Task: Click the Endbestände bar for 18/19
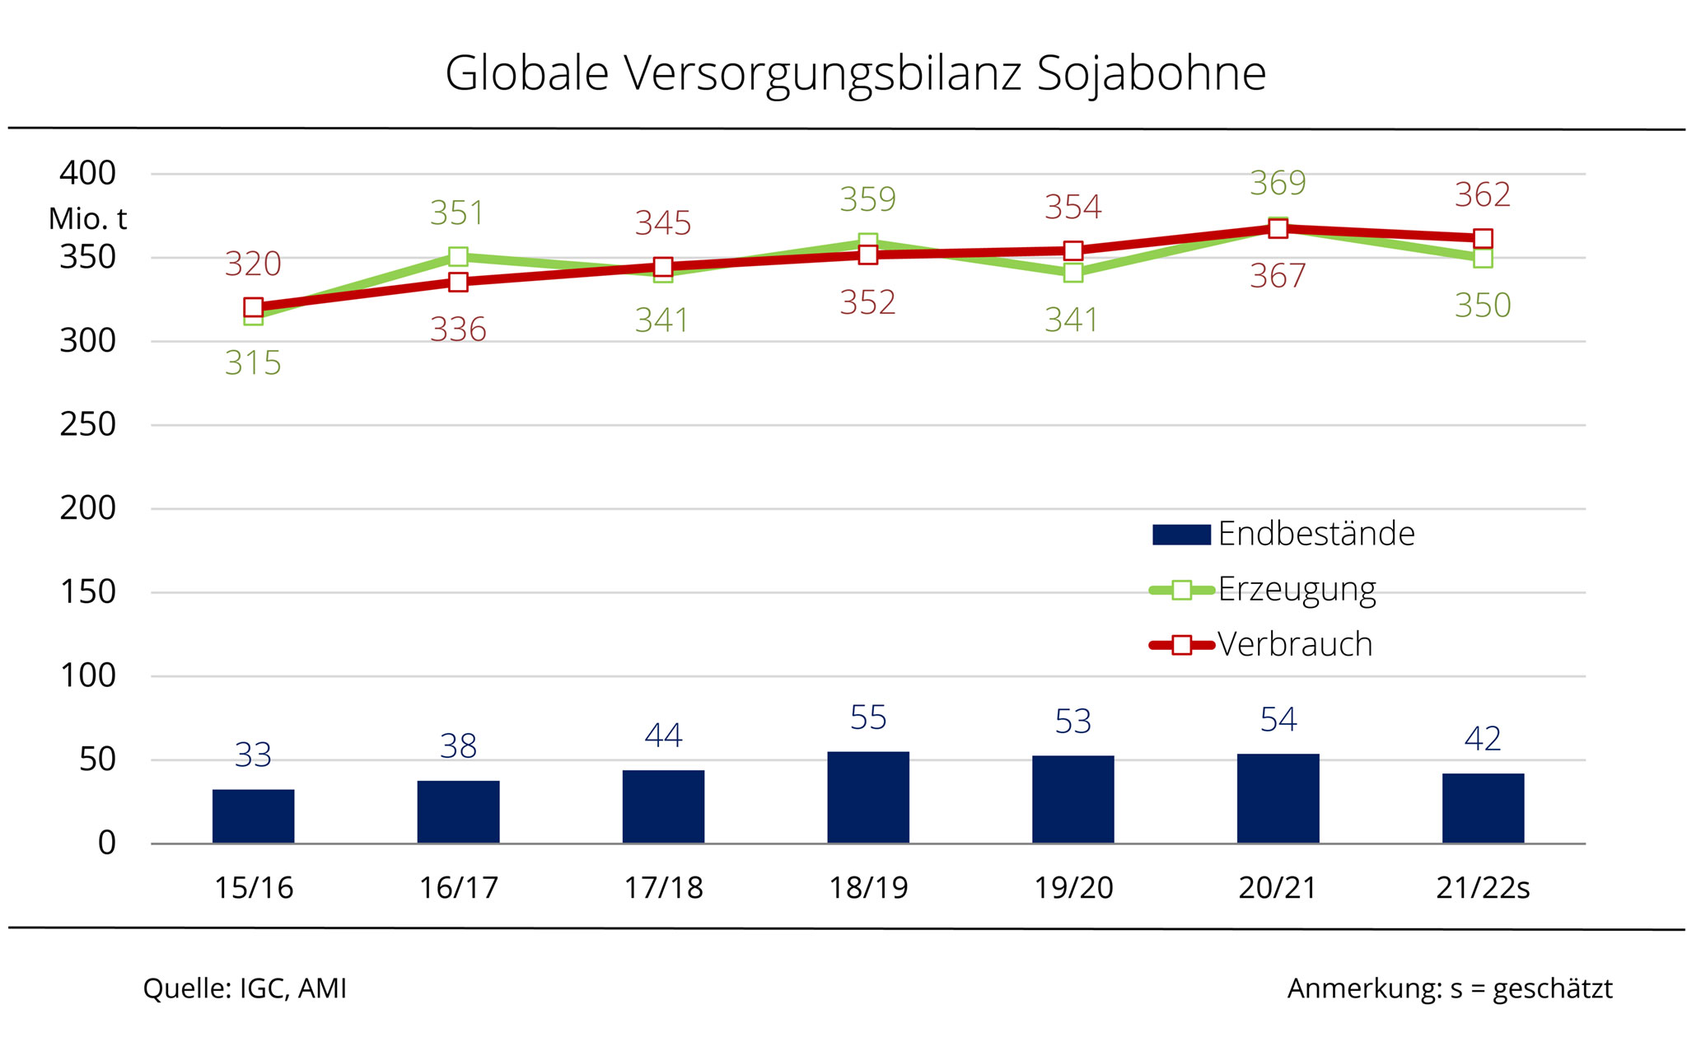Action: click(868, 797)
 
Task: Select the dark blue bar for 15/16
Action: click(253, 815)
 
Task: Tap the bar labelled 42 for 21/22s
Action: click(1483, 807)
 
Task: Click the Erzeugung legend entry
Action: click(1296, 590)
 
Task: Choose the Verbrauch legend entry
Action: click(1294, 644)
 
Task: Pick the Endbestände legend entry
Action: click(1315, 534)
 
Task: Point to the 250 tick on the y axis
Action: click(87, 425)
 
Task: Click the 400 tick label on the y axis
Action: click(87, 174)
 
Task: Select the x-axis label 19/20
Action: click(1073, 888)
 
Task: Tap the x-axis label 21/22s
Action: click(1483, 888)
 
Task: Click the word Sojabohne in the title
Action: click(1151, 73)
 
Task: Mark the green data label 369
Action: click(1278, 183)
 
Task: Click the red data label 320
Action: click(253, 264)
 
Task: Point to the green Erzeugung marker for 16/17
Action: click(458, 257)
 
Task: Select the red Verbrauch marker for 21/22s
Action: click(1483, 239)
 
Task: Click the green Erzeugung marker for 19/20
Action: click(1073, 273)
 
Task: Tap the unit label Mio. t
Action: click(87, 219)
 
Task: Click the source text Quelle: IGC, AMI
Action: click(245, 988)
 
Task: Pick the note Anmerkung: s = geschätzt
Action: click(1450, 988)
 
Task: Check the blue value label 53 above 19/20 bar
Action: click(1073, 722)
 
